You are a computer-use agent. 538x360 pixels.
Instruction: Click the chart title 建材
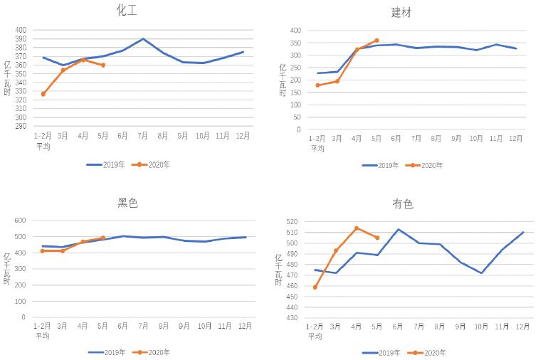click(401, 12)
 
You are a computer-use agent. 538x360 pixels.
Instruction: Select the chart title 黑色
click(127, 203)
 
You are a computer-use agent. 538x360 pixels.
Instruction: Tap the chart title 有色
click(402, 204)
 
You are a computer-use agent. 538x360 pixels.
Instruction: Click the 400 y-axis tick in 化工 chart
click(21, 31)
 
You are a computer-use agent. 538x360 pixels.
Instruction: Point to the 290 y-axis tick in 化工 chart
click(21, 127)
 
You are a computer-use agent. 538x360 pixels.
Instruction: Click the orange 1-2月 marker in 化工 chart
click(43, 94)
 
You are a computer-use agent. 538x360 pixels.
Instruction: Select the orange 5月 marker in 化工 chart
click(103, 65)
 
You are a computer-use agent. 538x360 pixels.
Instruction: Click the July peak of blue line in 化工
click(143, 39)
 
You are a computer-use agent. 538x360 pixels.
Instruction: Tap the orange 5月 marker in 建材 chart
click(376, 41)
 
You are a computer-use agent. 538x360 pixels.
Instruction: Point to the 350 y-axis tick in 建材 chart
click(295, 43)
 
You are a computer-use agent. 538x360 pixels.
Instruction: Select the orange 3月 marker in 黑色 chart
click(63, 250)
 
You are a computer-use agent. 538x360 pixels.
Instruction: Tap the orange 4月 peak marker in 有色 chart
click(357, 228)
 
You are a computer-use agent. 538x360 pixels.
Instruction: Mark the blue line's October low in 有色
click(482, 273)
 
